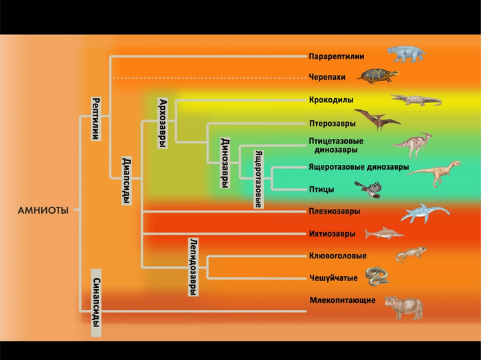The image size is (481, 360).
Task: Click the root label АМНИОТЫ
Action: (43, 210)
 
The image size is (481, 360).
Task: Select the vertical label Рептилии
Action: (96, 118)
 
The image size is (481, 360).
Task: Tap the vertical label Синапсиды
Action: (96, 303)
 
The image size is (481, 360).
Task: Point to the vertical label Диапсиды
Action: (126, 181)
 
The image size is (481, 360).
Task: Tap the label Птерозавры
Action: (333, 124)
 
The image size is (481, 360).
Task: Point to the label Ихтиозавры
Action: (332, 234)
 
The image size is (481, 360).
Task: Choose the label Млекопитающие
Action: (342, 300)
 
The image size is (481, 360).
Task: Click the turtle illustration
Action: (378, 75)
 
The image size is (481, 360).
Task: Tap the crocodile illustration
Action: (415, 100)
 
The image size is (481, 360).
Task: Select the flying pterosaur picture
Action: (377, 120)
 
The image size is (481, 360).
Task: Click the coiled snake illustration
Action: (377, 276)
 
